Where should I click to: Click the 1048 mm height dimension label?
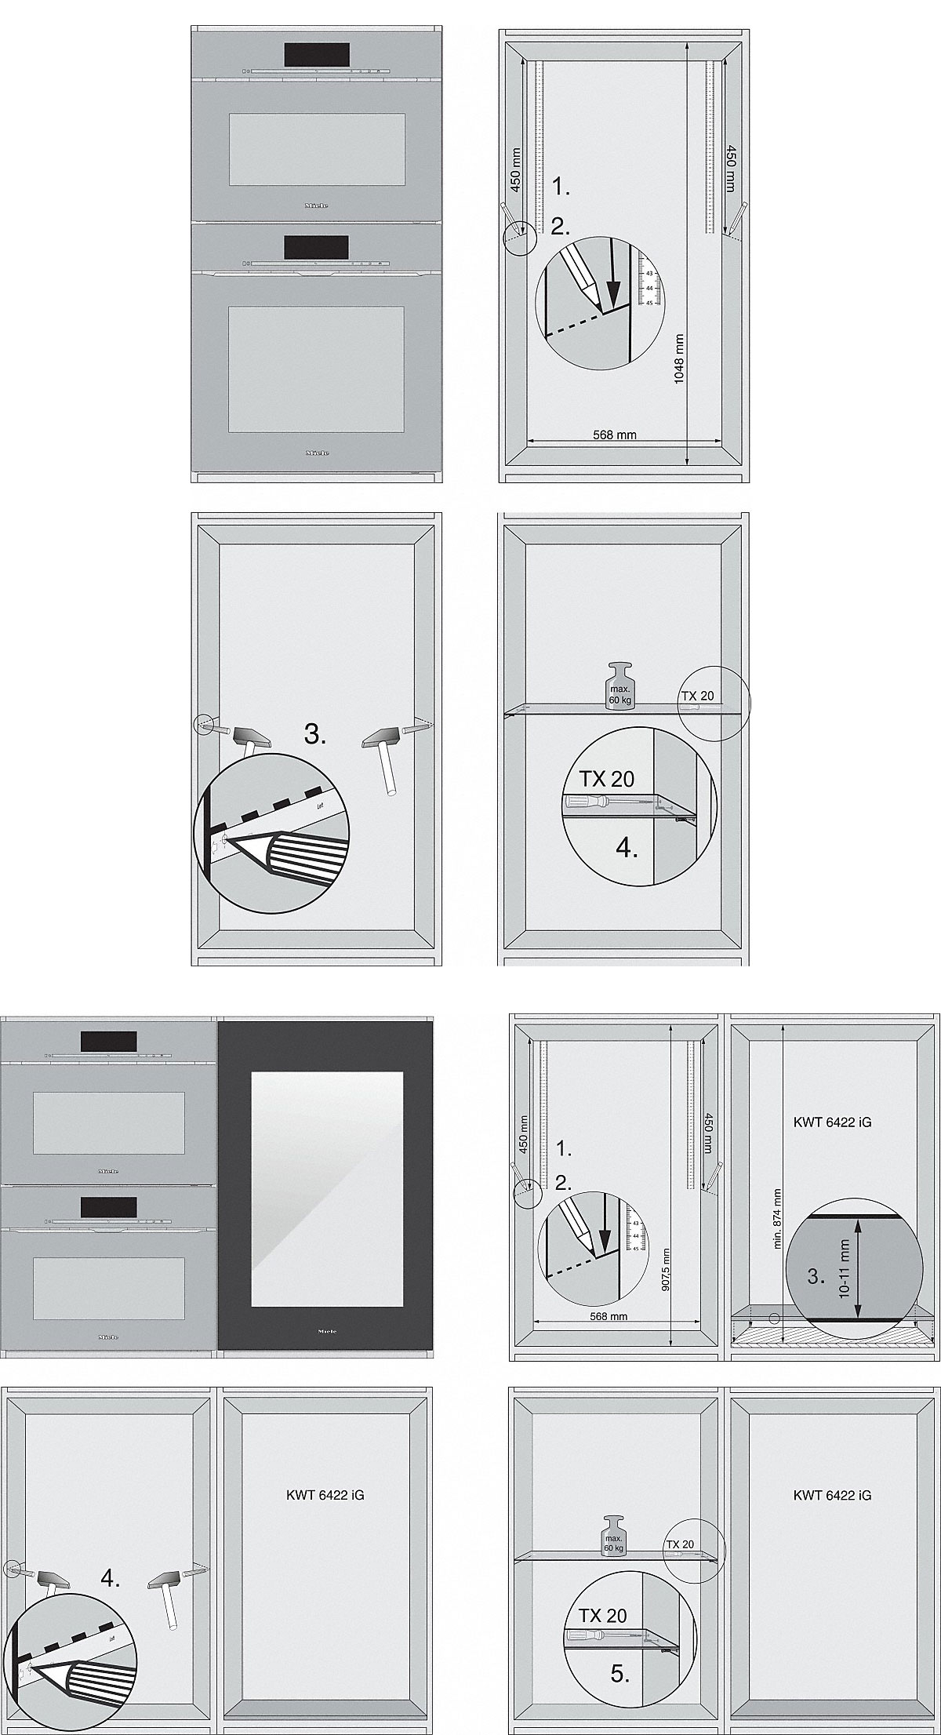pos(679,358)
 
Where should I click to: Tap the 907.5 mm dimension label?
pos(666,1269)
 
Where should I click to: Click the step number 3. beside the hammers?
pos(315,735)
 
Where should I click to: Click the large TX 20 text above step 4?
pos(606,779)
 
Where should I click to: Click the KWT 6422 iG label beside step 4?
pos(325,1495)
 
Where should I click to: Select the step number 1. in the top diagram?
pos(561,187)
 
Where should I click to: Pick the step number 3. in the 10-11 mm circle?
pos(816,1276)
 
